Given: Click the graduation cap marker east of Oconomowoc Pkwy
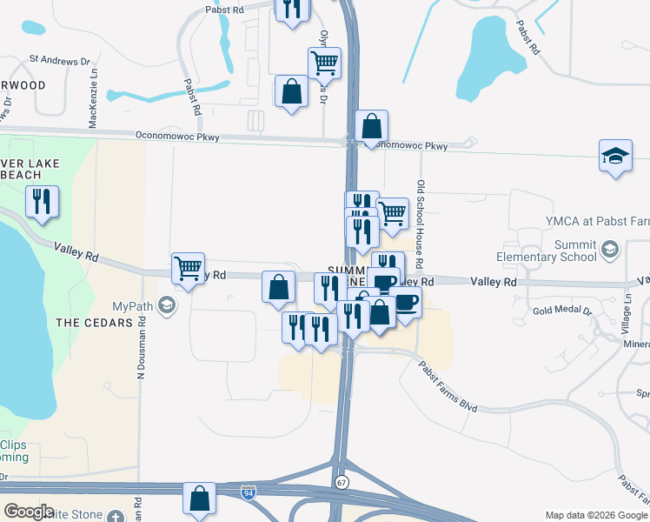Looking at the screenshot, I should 615,157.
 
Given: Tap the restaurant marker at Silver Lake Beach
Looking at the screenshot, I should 42,202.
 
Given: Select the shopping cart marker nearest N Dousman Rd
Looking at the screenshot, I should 188,268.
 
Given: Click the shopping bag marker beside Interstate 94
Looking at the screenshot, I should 199,499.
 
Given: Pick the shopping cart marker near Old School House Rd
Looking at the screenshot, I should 393,212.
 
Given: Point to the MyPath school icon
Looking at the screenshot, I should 167,306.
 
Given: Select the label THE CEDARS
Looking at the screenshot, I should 93,323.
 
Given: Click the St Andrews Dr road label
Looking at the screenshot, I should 60,61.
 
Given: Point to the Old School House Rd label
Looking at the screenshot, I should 420,224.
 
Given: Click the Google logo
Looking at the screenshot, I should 29,512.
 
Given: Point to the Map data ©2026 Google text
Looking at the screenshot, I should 596,515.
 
